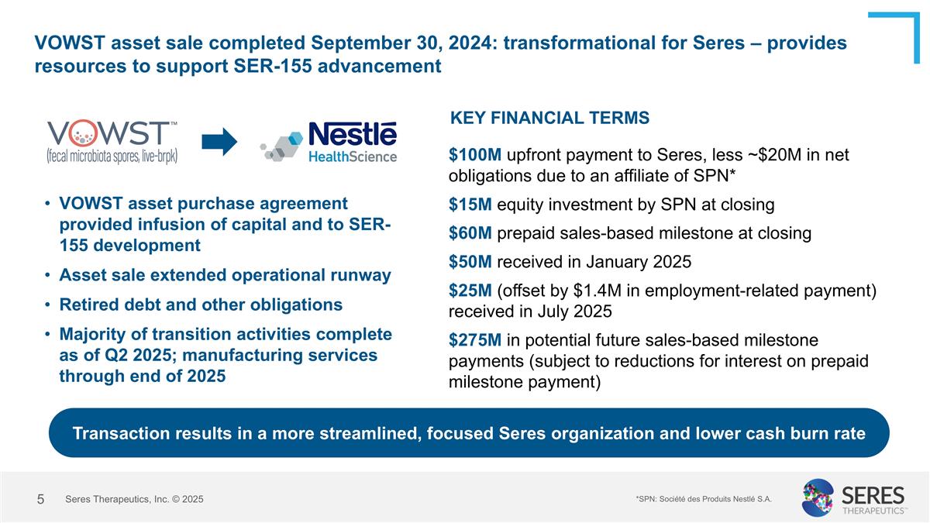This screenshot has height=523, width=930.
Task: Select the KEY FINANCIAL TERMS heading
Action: (x=549, y=118)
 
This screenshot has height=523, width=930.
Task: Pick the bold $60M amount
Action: (x=466, y=233)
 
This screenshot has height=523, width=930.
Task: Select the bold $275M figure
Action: (x=470, y=339)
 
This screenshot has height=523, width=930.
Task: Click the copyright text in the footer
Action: (x=134, y=500)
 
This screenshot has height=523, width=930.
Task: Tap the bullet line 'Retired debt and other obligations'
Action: (x=201, y=305)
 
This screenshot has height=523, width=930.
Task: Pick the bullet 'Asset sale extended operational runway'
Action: (x=225, y=275)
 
